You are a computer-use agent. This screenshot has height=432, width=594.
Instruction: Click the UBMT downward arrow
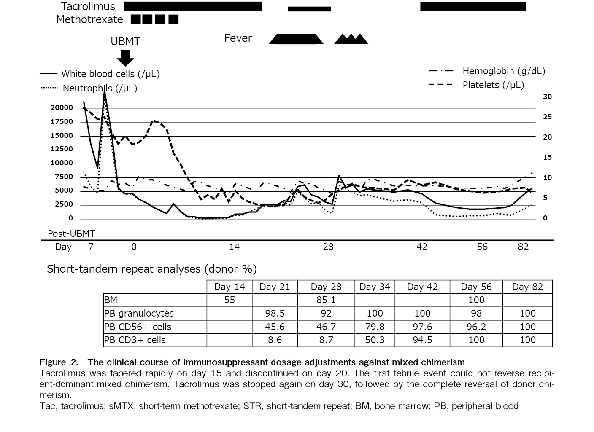125,57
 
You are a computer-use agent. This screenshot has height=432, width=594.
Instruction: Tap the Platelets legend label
493,85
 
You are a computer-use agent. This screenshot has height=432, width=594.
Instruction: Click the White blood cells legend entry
110,74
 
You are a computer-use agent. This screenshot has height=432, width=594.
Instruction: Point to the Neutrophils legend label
100,89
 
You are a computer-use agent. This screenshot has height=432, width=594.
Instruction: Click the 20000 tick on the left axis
62,108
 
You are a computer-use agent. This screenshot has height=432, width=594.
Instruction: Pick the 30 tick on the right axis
547,97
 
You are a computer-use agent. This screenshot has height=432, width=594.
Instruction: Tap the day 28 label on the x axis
328,247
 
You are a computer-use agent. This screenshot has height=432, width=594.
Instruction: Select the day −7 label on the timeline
87,247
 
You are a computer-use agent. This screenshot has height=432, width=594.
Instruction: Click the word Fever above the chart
238,38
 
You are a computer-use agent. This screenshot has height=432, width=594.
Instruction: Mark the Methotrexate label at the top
89,19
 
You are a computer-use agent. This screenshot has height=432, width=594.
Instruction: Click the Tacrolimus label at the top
88,6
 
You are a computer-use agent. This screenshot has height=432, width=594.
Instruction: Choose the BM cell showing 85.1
326,300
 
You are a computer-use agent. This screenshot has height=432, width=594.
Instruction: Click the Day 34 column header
375,287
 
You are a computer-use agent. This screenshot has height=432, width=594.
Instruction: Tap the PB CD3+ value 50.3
375,340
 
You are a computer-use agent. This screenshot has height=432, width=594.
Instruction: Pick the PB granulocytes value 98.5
275,314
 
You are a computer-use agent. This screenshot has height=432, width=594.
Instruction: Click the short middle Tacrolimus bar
309,9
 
